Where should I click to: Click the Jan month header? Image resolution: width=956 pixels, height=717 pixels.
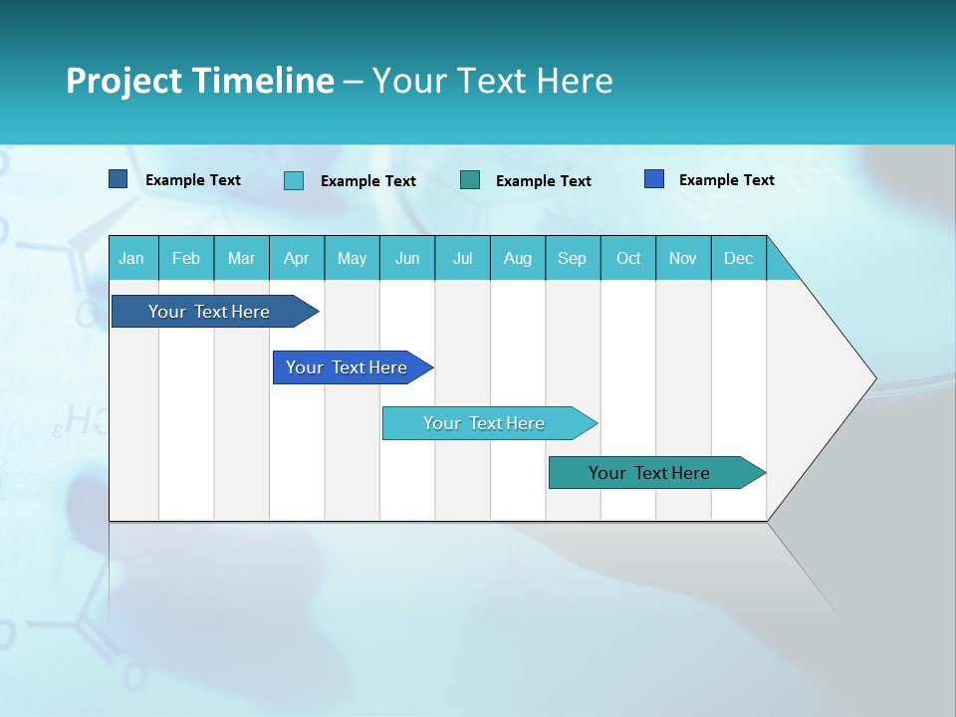[x=131, y=258]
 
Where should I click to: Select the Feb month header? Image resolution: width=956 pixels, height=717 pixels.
[x=186, y=258]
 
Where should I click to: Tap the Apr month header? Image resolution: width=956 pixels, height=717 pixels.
[x=296, y=258]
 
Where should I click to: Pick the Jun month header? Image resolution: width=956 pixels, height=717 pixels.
[x=407, y=258]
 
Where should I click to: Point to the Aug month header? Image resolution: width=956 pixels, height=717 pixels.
[x=517, y=258]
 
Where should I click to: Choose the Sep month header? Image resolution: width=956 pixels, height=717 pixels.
[x=572, y=258]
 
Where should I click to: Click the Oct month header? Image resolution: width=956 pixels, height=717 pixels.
[x=628, y=258]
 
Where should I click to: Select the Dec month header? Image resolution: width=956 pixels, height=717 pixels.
[x=738, y=258]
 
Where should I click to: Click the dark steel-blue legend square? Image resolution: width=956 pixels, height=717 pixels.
[x=119, y=179]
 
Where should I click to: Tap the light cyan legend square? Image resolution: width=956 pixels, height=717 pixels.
[x=294, y=180]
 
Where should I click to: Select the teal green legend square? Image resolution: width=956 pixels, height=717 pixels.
[x=470, y=179]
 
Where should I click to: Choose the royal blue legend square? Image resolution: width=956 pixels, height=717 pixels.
[x=654, y=179]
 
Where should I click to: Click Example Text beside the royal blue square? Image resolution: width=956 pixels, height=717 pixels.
[x=726, y=179]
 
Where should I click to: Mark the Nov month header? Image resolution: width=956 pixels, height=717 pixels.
[x=683, y=258]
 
